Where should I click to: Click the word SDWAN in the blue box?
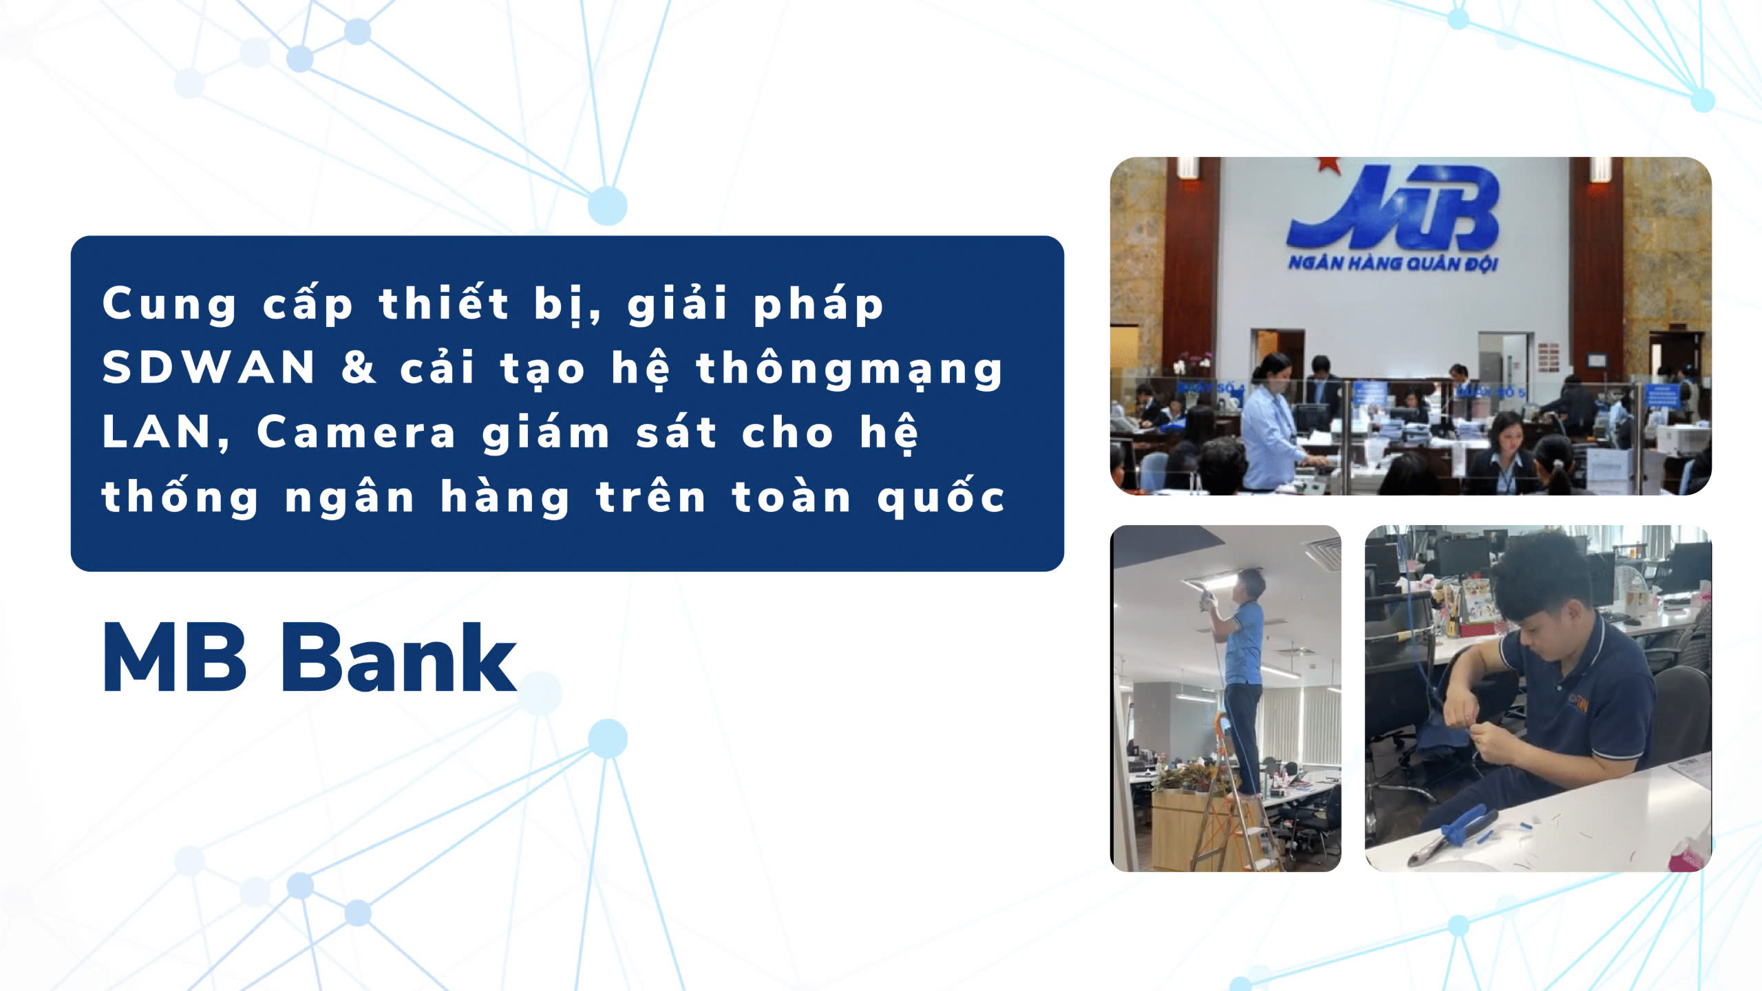tap(209, 367)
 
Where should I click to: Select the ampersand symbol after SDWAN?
tap(359, 367)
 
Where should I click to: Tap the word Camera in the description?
tap(356, 433)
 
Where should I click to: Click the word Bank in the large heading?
tap(399, 658)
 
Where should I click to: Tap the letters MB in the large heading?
tap(174, 658)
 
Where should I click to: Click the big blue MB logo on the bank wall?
tap(1394, 209)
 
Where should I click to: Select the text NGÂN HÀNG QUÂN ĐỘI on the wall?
tap(1393, 264)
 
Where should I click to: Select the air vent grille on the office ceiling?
tap(1323, 553)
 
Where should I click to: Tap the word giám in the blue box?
tap(546, 433)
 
